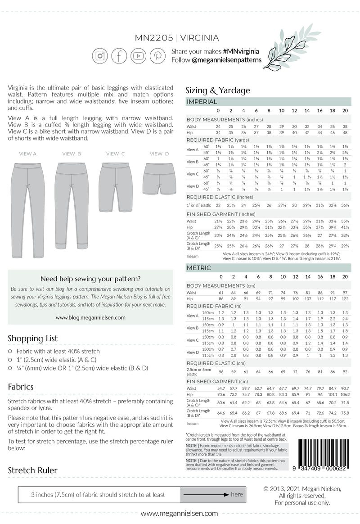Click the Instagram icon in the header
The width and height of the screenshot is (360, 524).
(x=100, y=56)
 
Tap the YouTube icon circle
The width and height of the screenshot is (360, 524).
(x=139, y=56)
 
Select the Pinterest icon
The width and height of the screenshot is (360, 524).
(x=157, y=56)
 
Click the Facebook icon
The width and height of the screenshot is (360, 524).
(x=119, y=56)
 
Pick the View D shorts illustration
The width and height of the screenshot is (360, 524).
(x=156, y=178)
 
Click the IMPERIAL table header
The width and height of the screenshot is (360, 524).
(x=202, y=102)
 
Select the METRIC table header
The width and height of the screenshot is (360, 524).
(x=198, y=268)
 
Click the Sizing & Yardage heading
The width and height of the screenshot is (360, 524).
(x=218, y=90)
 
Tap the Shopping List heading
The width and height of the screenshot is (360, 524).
(x=32, y=338)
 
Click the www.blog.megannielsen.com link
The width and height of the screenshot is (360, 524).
(x=90, y=317)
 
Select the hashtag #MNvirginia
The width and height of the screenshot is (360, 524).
(x=243, y=52)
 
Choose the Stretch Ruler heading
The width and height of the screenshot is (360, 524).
(x=33, y=470)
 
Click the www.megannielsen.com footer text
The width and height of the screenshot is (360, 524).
(x=179, y=513)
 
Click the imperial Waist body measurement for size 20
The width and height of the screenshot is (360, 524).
(x=345, y=126)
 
